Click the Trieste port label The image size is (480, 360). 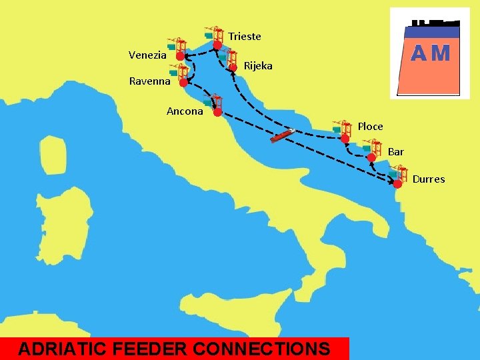pos(245,36)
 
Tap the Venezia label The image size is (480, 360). pos(147,55)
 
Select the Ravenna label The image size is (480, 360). pos(149,81)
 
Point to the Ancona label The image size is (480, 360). pos(185,111)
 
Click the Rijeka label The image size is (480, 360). pos(258,66)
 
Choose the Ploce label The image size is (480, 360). pos(370,126)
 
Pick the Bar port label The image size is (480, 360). pos(395,152)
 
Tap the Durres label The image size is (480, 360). pos(428,179)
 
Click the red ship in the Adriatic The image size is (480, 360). pos(282,135)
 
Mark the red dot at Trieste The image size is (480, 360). pos(217,45)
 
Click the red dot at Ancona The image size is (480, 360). pos(217,113)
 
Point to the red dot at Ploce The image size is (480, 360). pos(345,138)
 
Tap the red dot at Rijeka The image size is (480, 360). pos(233,67)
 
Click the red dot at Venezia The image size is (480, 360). pos(180,57)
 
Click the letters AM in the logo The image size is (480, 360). pos(430,53)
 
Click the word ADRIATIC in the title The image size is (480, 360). pos(65,349)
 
